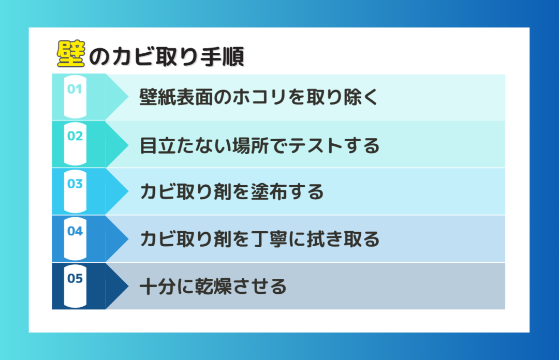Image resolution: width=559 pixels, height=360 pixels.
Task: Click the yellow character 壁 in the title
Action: pyautogui.click(x=71, y=54)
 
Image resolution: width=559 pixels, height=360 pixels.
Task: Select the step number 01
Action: pyautogui.click(x=75, y=89)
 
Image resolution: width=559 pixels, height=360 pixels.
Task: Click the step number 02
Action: pyautogui.click(x=75, y=136)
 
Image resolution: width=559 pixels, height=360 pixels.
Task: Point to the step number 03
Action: pyautogui.click(x=75, y=184)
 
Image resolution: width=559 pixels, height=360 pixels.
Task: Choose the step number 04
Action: pyautogui.click(x=75, y=231)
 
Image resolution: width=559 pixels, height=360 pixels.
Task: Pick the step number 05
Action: pyautogui.click(x=75, y=278)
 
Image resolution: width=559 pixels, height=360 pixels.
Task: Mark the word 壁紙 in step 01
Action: pyautogui.click(x=157, y=97)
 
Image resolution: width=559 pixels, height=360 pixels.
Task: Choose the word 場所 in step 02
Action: pyautogui.click(x=251, y=146)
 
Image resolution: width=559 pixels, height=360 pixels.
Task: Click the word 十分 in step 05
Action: pyautogui.click(x=158, y=286)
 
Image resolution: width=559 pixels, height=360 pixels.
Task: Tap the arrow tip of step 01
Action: pyautogui.click(x=128, y=96)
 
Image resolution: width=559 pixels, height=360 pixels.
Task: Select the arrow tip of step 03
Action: pyautogui.click(x=128, y=191)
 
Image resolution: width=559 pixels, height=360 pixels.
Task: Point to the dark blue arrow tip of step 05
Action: pyautogui.click(x=128, y=286)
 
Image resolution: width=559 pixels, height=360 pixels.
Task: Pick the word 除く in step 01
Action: pyautogui.click(x=360, y=97)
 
